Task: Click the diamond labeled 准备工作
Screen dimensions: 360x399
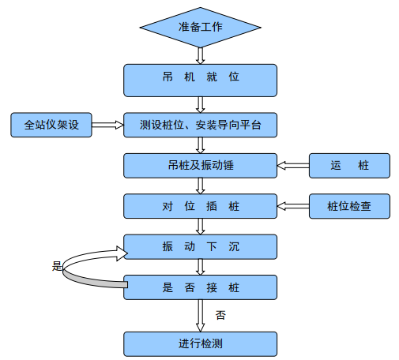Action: (x=201, y=28)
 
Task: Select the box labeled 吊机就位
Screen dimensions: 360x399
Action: (x=201, y=78)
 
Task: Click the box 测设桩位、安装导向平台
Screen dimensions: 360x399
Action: (x=201, y=124)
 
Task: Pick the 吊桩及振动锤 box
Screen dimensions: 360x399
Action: (x=201, y=165)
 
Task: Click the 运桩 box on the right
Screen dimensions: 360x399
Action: (x=349, y=165)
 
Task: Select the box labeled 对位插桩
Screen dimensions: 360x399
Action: (x=201, y=206)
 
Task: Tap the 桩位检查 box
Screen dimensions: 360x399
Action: (x=349, y=206)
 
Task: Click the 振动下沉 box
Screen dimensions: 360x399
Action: (x=201, y=247)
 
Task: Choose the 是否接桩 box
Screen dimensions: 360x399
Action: (x=201, y=288)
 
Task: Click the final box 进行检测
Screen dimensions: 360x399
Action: (x=201, y=343)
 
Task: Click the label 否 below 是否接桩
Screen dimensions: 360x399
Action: (x=220, y=315)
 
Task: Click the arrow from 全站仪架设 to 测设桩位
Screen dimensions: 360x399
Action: (x=108, y=124)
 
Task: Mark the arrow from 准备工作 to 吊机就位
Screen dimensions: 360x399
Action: (x=201, y=55)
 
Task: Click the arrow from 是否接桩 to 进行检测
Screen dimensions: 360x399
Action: (x=201, y=316)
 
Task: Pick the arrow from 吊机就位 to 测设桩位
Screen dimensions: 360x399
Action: (x=201, y=103)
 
